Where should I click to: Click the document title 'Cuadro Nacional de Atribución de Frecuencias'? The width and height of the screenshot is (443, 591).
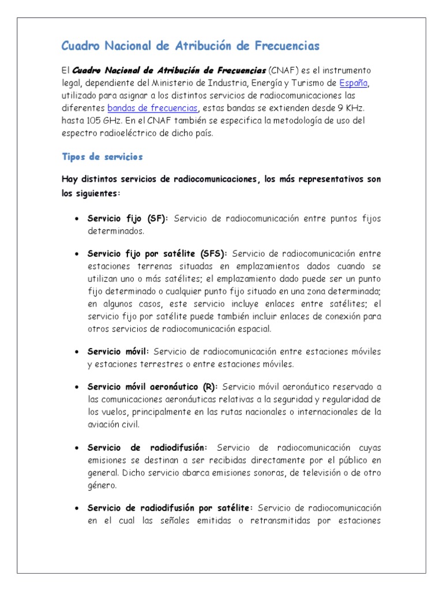click(x=190, y=46)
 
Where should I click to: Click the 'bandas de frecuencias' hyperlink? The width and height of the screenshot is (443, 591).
click(x=153, y=108)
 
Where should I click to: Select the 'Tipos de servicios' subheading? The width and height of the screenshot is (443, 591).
click(x=102, y=156)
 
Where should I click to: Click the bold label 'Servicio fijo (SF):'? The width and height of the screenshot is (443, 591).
click(x=127, y=219)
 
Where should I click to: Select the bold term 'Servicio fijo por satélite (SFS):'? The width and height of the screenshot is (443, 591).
click(x=157, y=253)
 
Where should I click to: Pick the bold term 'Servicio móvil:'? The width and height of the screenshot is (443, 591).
click(x=118, y=351)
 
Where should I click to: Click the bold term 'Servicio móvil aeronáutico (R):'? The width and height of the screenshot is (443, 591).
click(x=152, y=386)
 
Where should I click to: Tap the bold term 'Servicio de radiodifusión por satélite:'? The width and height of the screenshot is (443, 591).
click(x=170, y=507)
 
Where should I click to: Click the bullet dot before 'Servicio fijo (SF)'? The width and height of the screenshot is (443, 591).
click(x=77, y=219)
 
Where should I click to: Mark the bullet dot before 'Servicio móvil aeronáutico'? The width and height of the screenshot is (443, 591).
click(x=77, y=387)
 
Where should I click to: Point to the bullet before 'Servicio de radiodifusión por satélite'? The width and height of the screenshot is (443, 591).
click(x=77, y=508)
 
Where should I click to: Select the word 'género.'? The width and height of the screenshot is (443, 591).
click(x=103, y=485)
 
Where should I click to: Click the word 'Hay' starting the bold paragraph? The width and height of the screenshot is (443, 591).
click(x=69, y=179)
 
